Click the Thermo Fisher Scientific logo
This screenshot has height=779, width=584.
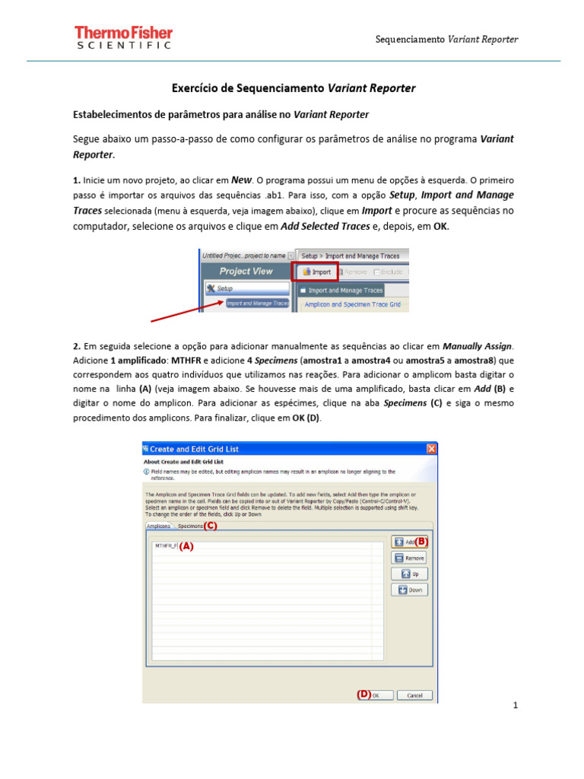[x=123, y=37]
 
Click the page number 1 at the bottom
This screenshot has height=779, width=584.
[x=515, y=705]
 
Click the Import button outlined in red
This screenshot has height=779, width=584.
[x=318, y=272]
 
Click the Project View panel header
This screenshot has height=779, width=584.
[x=246, y=272]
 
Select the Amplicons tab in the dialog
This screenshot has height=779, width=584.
[x=158, y=526]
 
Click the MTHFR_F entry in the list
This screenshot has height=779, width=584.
[x=165, y=545]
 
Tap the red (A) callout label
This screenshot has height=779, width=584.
[x=186, y=546]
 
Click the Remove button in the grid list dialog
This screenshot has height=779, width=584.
[x=410, y=558]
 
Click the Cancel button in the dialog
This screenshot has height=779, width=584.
[x=414, y=695]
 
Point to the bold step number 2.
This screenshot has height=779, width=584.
[x=76, y=346]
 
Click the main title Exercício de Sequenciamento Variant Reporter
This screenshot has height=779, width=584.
[x=294, y=88]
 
